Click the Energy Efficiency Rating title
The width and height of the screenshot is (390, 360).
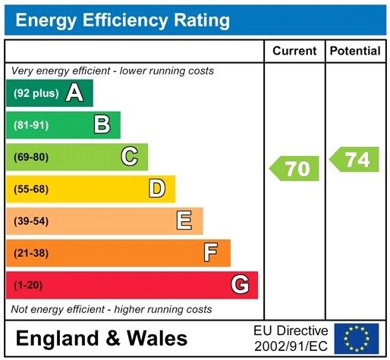point(123,20)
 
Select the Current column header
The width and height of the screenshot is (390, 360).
point(294,52)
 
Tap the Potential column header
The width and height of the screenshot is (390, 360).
point(355,52)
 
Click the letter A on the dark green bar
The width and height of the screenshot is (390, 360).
point(74,93)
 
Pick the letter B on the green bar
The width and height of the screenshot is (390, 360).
point(102,125)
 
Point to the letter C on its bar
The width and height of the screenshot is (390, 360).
point(130,157)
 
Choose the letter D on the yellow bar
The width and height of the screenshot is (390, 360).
point(157,189)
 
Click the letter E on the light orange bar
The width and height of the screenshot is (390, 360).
point(184,221)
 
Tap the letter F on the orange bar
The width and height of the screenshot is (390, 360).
point(211,252)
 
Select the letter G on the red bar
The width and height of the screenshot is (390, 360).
point(239,285)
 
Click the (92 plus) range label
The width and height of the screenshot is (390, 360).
point(36,94)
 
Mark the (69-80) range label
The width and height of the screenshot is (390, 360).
point(31,158)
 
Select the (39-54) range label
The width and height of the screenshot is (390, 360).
point(31,221)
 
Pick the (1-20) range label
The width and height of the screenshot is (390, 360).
point(29,286)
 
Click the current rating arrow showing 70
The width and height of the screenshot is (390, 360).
point(295,168)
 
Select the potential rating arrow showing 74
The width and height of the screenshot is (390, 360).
point(354,160)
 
